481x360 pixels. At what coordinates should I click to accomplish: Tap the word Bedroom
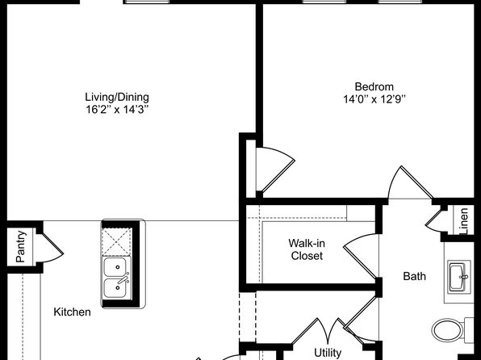tap(374, 87)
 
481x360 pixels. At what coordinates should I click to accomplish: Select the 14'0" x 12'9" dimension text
tap(374, 100)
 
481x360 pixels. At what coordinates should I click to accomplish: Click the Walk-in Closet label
tap(306, 249)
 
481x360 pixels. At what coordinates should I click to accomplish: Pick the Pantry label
tap(19, 246)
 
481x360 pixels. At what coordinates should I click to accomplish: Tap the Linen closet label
tap(464, 221)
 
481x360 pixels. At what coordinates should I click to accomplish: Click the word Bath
tap(415, 276)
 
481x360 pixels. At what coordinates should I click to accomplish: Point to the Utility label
tap(328, 353)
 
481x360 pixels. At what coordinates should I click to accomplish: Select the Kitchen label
tap(72, 312)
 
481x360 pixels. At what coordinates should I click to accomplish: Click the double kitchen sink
tap(117, 277)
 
